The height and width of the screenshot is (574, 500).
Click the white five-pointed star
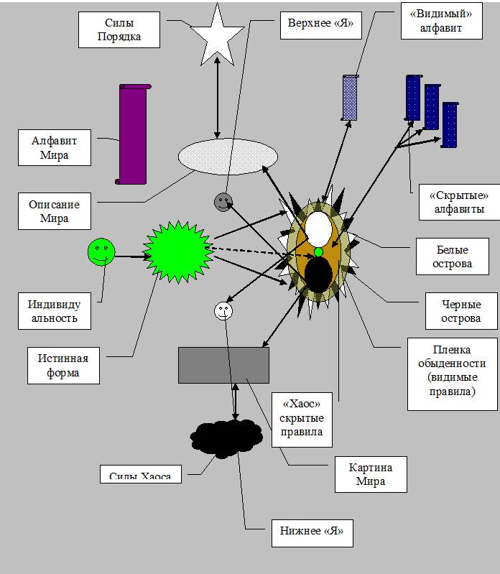pos(217,36)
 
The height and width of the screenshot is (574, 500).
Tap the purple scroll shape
pos(132,134)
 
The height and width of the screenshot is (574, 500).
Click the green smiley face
pos(101,251)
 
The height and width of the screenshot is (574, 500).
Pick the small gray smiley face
pos(223,202)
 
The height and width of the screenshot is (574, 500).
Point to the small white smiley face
pos(224,311)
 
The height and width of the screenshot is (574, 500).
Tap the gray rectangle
pos(223,365)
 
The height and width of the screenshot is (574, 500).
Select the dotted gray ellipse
pos(228,157)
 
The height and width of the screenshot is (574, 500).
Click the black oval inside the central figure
pos(318,274)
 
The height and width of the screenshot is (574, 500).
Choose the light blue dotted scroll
pos(350,97)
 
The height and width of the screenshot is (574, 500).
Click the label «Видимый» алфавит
pos(431,21)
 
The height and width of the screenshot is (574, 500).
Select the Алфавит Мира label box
pos(55,147)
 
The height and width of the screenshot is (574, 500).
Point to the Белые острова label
pos(453,256)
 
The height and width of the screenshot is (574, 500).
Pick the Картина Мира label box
pos(371,474)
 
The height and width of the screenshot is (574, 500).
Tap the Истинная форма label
pos(60,365)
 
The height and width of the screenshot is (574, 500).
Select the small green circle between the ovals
pos(319,251)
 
